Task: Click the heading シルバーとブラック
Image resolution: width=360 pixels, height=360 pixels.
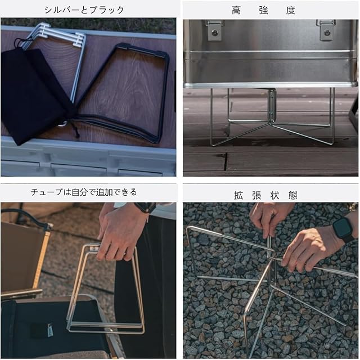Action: [84, 10]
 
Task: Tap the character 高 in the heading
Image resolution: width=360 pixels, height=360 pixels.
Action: [236, 10]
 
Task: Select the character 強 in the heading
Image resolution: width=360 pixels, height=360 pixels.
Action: [263, 10]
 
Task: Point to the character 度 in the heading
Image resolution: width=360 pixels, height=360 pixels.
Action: [290, 10]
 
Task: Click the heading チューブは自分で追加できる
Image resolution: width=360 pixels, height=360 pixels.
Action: [84, 192]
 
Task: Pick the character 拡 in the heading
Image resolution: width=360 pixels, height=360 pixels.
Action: [238, 195]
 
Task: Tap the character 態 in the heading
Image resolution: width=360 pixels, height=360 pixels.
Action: [292, 195]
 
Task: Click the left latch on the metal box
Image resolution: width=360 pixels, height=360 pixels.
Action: [215, 30]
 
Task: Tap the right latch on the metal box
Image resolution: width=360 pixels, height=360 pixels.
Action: [326, 30]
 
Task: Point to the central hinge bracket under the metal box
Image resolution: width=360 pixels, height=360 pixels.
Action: [272, 105]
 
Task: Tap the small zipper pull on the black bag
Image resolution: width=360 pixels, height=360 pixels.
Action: [50, 330]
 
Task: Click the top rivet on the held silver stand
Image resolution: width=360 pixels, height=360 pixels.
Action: [93, 249]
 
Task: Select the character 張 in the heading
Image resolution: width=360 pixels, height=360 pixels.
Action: [256, 195]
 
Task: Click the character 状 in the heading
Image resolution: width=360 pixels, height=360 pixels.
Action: [274, 195]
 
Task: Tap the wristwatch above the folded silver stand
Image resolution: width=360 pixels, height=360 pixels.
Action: [145, 208]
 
